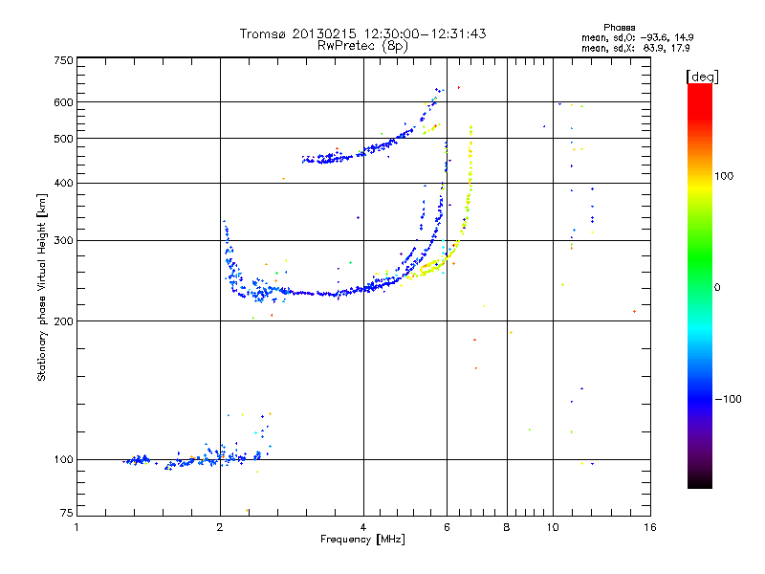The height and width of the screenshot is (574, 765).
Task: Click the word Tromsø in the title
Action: (263, 33)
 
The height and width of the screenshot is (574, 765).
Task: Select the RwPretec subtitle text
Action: (345, 45)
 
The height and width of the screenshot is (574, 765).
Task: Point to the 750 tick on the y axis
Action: (63, 60)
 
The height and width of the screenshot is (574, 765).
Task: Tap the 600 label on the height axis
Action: (63, 102)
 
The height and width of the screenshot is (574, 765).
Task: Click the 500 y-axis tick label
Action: (63, 139)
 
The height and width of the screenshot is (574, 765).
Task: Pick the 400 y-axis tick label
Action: (63, 183)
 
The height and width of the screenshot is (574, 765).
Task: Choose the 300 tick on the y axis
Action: (63, 240)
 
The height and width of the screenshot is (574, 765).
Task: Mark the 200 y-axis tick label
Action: (63, 320)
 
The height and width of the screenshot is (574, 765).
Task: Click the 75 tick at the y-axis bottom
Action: (66, 516)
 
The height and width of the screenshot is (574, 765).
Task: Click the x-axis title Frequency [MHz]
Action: (362, 540)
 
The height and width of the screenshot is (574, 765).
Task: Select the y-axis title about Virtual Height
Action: (42, 287)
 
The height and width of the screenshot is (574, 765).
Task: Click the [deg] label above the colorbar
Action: (702, 76)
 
